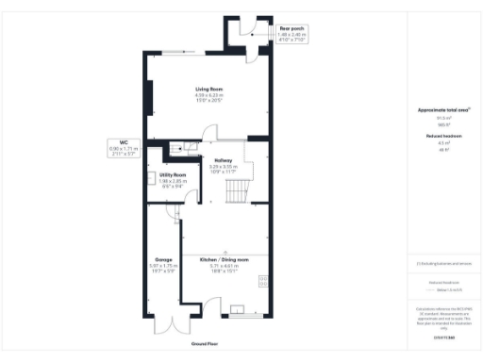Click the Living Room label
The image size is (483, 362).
pos(208,89)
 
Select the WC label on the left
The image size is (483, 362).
pos(124,143)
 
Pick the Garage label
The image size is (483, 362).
pos(163,259)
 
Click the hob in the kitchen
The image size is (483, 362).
pos(264,280)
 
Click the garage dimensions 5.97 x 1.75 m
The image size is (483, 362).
pos(163,266)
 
